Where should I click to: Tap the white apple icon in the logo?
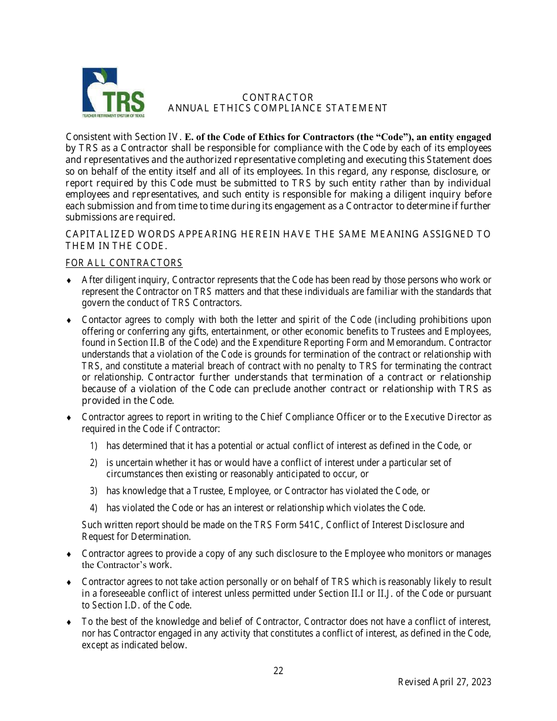(94, 94)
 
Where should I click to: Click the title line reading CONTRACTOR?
(278, 97)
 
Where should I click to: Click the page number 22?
(278, 671)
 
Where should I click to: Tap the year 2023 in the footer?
(480, 682)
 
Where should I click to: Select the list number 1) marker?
(93, 445)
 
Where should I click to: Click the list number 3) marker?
(93, 491)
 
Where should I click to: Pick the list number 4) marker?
(93, 508)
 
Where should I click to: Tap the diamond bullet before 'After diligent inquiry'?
(69, 280)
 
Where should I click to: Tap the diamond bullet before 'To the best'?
(69, 622)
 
